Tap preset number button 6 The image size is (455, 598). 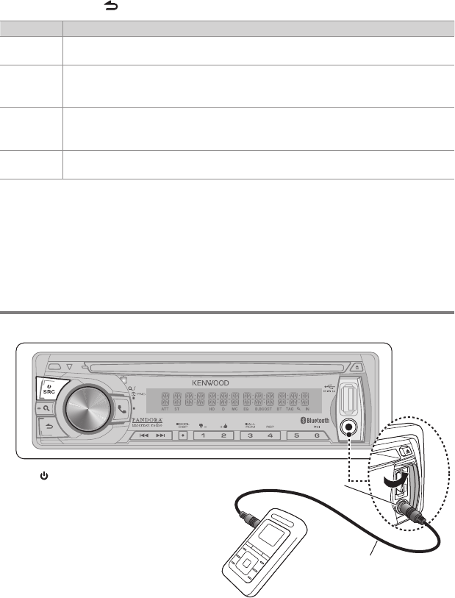coord(317,435)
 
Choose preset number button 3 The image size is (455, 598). coord(251,435)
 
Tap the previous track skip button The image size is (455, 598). coord(144,435)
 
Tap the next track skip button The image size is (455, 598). coord(160,435)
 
